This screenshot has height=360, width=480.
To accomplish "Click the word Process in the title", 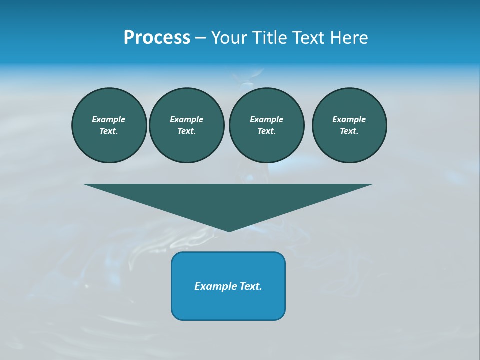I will tap(157, 38).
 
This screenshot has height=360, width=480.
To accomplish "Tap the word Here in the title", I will tap(349, 38).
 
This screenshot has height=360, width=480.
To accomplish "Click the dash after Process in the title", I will tap(200, 38).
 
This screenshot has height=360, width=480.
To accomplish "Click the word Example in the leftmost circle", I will tap(109, 119).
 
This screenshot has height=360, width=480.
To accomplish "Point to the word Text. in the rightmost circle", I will tap(349, 131).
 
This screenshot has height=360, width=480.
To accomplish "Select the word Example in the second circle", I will tap(187, 119).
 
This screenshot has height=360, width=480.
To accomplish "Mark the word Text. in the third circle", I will tap(267, 131).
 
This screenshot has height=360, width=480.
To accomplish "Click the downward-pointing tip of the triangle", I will tap(229, 230).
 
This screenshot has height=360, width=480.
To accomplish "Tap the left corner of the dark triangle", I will tap(86, 185).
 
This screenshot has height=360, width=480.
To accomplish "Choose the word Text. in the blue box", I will tap(250, 286).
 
